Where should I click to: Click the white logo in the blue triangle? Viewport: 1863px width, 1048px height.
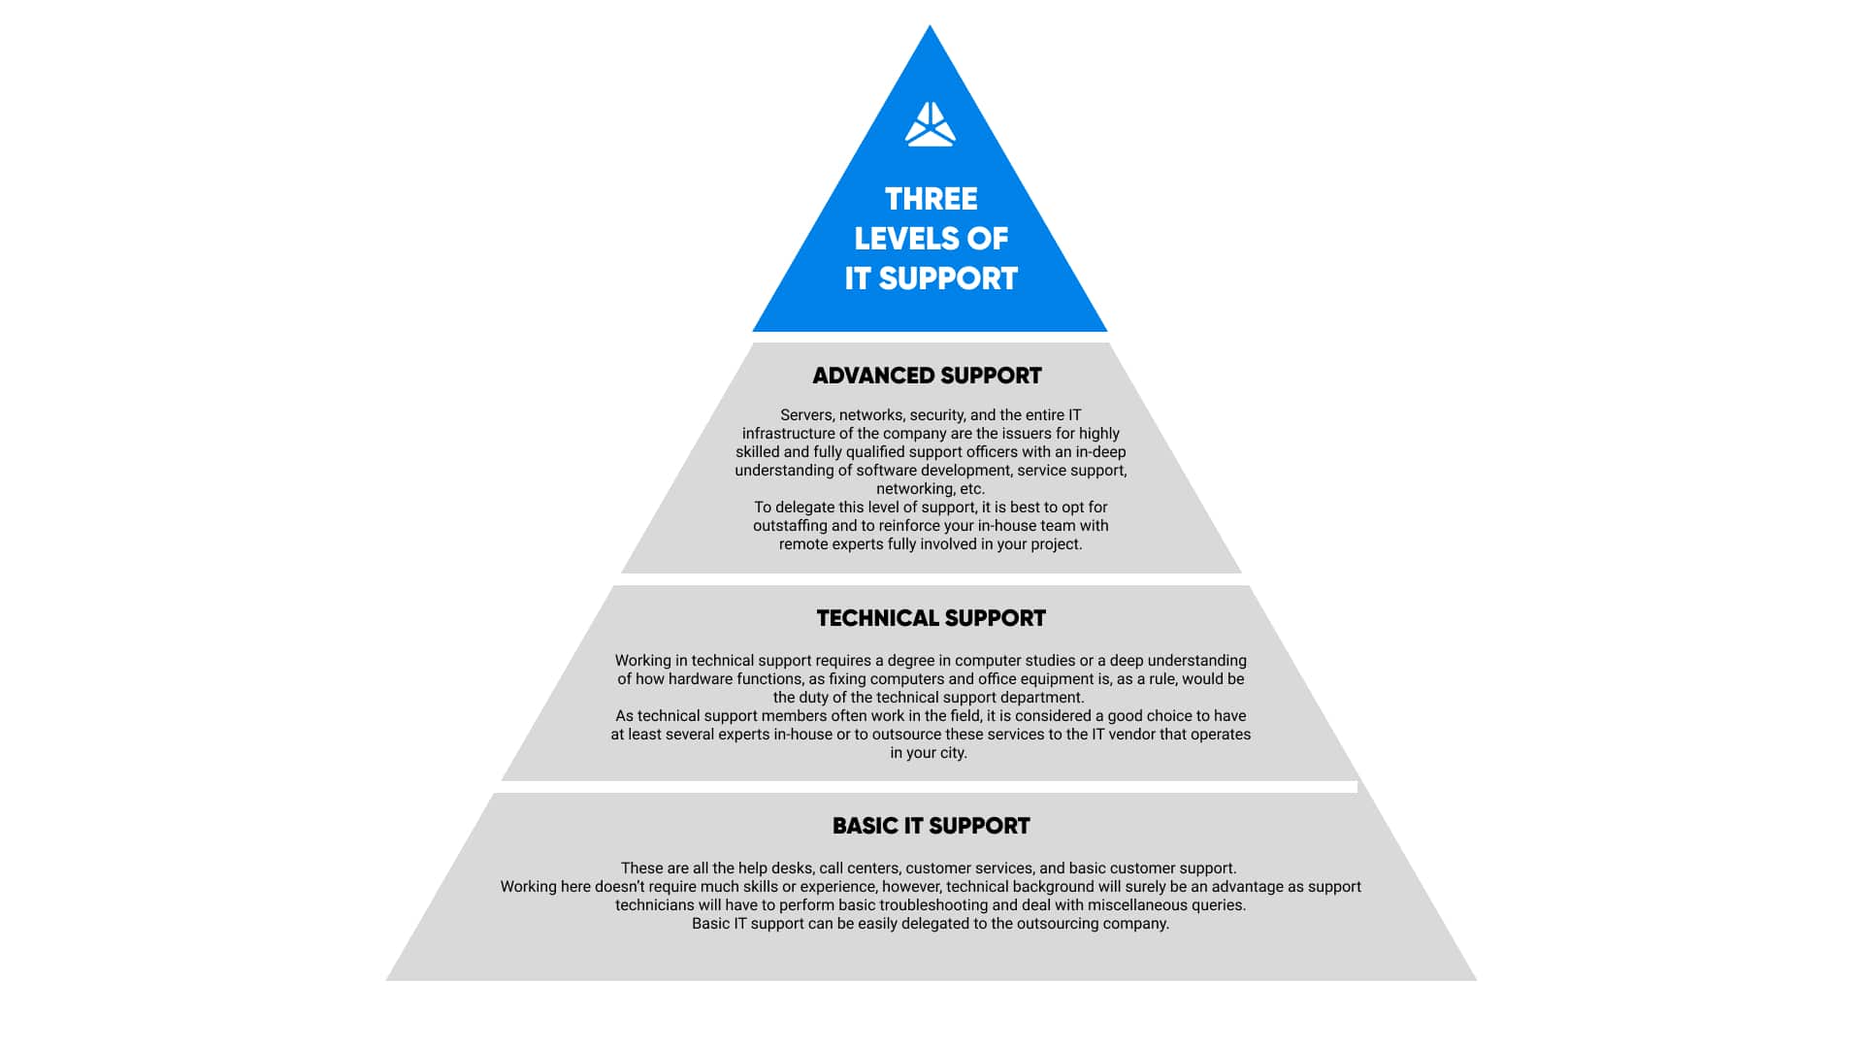[931, 124]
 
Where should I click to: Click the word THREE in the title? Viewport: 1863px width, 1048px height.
[931, 199]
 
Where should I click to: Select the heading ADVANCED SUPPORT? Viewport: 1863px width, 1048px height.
[927, 376]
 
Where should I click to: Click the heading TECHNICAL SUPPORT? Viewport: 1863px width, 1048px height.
[931, 618]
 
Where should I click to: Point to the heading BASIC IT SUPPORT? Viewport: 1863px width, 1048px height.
[931, 826]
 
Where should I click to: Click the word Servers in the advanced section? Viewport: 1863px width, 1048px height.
[807, 415]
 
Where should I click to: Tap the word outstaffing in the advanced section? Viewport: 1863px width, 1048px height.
[790, 526]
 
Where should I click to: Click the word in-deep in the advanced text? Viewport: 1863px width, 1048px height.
[1101, 452]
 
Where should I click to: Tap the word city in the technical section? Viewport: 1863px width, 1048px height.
[953, 753]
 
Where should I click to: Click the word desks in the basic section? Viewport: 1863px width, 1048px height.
[793, 868]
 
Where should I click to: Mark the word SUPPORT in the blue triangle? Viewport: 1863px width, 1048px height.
[948, 278]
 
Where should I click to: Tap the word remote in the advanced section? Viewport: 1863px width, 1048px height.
[802, 544]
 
